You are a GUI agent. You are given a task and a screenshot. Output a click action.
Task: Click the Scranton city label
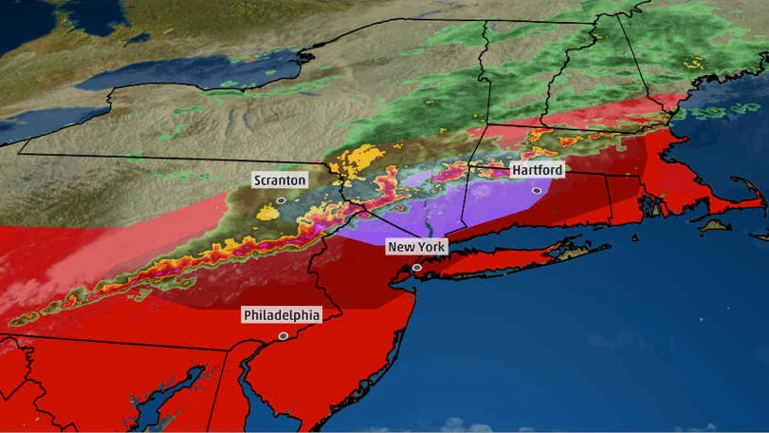[x=280, y=179]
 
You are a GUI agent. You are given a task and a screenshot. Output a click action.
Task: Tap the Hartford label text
[x=537, y=170]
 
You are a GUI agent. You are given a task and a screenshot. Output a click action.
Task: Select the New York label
[x=415, y=247]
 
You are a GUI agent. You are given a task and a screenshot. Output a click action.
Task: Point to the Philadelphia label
[x=282, y=314]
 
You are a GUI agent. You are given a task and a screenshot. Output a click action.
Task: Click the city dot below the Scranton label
[x=281, y=200]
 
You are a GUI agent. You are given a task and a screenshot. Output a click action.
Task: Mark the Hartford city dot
[x=537, y=191]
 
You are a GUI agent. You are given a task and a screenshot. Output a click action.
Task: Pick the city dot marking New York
[x=416, y=268]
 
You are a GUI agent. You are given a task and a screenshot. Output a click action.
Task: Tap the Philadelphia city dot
[x=283, y=335]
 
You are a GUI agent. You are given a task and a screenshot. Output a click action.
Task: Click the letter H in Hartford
[x=517, y=170]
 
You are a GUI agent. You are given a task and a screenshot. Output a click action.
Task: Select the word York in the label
[x=428, y=247]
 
